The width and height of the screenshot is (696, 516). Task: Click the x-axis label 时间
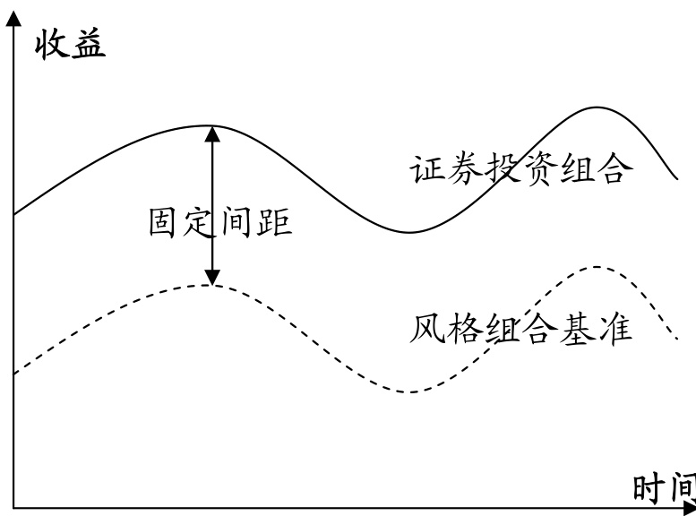664,489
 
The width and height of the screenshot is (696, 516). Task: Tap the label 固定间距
220,221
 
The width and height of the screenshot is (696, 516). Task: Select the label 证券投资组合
517,169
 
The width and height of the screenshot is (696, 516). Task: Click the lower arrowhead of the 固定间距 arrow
212,277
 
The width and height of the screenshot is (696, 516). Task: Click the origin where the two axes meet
13,508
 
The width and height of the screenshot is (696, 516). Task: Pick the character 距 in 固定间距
275,221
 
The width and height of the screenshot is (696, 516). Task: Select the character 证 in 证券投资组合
428,169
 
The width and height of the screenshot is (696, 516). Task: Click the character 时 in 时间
649,489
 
